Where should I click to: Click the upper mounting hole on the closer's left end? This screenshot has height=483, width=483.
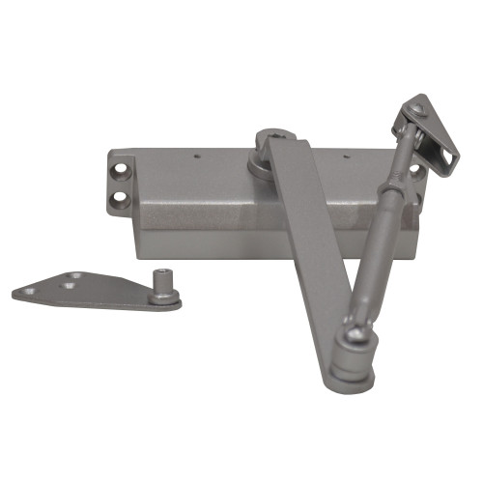point(122,173)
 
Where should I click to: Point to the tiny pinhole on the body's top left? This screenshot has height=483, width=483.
point(196,155)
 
